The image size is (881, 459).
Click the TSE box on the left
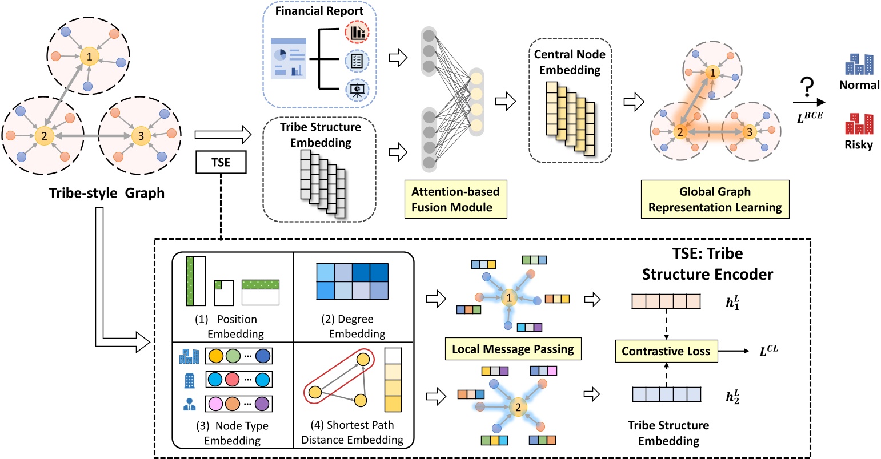[x=221, y=162]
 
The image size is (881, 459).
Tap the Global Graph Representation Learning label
[x=715, y=199]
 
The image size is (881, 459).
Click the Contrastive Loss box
[x=666, y=352]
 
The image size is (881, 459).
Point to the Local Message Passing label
[x=512, y=349]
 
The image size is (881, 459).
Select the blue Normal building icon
[x=859, y=65]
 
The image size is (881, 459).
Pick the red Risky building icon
[x=859, y=124]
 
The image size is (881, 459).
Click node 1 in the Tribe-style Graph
[x=89, y=56]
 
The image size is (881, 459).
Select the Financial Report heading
[x=319, y=11]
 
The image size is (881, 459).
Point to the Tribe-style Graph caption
[x=107, y=193]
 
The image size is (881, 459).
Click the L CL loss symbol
[x=768, y=352]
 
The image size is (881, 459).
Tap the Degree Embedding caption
[x=357, y=327]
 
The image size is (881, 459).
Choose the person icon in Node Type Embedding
[x=189, y=404]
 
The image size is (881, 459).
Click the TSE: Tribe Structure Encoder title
[x=707, y=264]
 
